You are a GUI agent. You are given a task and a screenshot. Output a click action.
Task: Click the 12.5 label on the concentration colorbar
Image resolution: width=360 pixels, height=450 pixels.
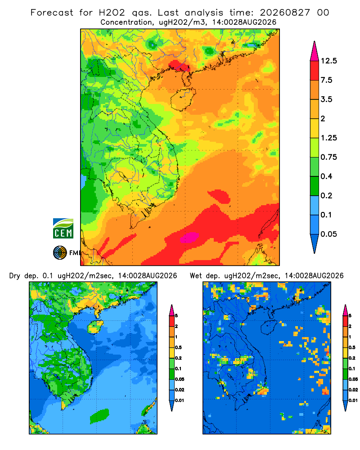[x=328, y=61]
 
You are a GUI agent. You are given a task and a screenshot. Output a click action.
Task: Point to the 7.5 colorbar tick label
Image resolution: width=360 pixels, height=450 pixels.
[x=326, y=80]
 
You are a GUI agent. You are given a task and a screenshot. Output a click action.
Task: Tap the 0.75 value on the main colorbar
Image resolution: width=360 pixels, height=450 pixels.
[x=328, y=157]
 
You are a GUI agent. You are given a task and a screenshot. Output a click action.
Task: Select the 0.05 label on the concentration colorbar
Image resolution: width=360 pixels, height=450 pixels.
[x=328, y=234]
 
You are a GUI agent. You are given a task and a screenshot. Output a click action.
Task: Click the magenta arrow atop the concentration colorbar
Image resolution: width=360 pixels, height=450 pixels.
[x=315, y=52]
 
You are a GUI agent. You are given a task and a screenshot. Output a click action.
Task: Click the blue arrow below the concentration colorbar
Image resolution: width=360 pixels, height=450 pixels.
[x=315, y=243]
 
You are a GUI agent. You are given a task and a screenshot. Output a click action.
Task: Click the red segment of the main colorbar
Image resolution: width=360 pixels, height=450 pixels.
[x=315, y=71]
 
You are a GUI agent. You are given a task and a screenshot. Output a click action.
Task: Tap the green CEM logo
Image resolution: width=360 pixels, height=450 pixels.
[x=63, y=229]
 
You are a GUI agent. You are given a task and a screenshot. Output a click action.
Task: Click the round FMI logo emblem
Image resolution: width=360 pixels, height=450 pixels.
[x=60, y=252]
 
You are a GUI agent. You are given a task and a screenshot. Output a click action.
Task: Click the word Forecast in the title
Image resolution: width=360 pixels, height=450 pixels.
[x=52, y=13]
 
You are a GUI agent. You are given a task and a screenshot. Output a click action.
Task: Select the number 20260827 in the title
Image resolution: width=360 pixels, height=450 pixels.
[x=285, y=13]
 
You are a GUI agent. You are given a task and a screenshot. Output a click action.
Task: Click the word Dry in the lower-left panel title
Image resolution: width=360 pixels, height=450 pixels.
[x=15, y=276]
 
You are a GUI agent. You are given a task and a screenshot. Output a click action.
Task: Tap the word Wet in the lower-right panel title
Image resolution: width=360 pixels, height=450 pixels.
[x=195, y=276]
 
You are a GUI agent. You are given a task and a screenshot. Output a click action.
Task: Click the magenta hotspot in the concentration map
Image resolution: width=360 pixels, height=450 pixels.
[x=189, y=237]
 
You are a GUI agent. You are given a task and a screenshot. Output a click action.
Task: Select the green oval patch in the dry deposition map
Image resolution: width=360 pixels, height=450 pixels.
[x=99, y=416]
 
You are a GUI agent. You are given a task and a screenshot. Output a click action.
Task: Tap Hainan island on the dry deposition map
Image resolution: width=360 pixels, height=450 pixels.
[x=95, y=327]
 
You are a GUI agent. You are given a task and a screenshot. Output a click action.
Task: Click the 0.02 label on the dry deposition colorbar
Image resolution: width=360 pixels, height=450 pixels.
[x=180, y=390]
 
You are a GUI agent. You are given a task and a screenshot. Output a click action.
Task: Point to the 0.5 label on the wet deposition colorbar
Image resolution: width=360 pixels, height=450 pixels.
[x=351, y=347]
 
